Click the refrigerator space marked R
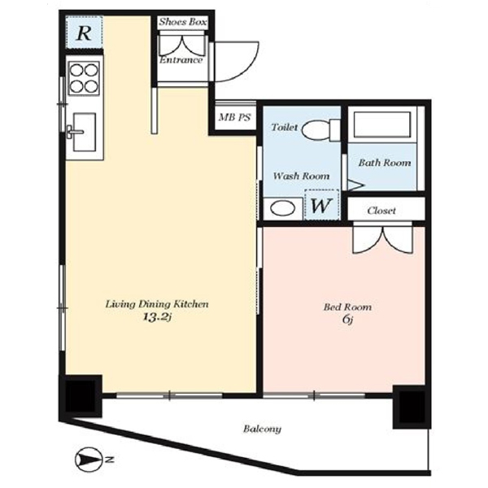84,33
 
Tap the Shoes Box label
183,22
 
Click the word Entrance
181,59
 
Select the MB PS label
235,117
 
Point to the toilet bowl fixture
321,129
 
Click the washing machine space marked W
321,205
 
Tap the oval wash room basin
282,208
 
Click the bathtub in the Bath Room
382,124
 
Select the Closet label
381,211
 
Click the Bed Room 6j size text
347,320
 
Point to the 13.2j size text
157,317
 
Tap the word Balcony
262,429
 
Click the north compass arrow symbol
89,459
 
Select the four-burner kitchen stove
84,78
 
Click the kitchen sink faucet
75,132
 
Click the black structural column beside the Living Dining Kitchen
81,396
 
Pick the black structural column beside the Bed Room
412,407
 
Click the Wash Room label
301,176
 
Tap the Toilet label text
285,128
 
